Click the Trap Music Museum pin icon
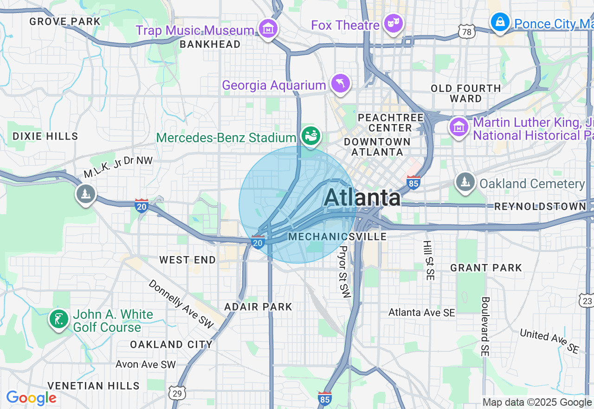(268, 29)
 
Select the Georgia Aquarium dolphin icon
(340, 84)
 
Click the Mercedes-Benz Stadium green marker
(310, 136)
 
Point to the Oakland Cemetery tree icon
(465, 182)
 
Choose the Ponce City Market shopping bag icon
(500, 22)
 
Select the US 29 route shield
(177, 393)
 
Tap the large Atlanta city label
(362, 198)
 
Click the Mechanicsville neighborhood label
(337, 237)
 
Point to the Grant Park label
(486, 268)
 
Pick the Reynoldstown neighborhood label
(540, 206)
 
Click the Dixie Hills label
(45, 136)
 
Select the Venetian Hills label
(93, 386)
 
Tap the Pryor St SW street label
(344, 272)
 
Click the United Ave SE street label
(549, 341)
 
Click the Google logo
(31, 398)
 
